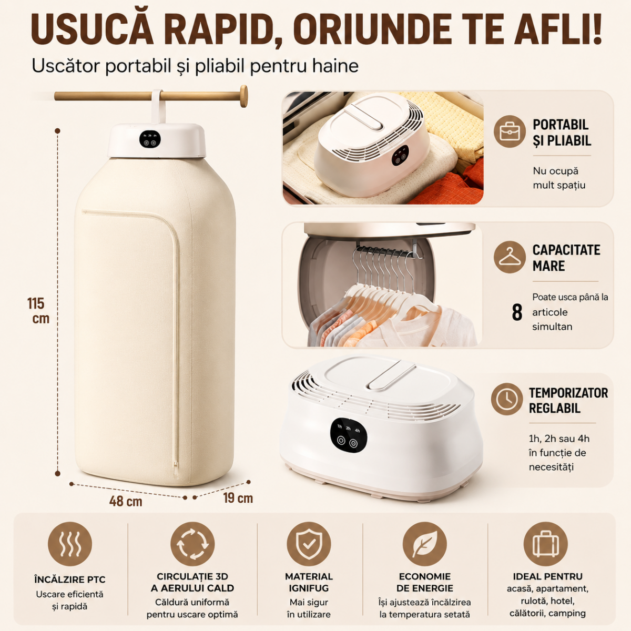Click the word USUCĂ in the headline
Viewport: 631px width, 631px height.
(x=93, y=29)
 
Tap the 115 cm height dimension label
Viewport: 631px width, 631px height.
(x=38, y=310)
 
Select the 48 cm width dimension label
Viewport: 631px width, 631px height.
(x=126, y=501)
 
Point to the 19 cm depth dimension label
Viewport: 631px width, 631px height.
(x=238, y=498)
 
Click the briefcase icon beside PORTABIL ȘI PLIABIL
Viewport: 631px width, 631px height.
(x=510, y=131)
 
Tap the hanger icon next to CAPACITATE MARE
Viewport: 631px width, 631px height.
(x=510, y=257)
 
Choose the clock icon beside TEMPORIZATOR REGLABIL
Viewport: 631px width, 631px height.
(x=507, y=399)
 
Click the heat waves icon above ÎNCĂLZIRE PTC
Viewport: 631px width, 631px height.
(x=70, y=544)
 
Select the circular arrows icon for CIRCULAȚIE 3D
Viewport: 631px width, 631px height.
(x=192, y=544)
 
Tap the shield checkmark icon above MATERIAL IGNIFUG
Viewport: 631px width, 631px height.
(x=309, y=544)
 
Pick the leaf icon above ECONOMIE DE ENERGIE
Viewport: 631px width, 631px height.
(x=425, y=544)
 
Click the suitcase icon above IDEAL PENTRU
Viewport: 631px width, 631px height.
(x=545, y=544)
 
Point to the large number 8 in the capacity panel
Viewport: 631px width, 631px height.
(x=517, y=312)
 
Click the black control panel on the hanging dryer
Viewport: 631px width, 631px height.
(x=150, y=139)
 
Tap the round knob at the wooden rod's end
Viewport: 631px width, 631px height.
(x=243, y=96)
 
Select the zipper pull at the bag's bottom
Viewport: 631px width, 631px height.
(x=176, y=465)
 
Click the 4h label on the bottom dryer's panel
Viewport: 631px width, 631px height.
(x=358, y=430)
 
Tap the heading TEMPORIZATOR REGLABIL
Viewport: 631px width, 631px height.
(x=568, y=401)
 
